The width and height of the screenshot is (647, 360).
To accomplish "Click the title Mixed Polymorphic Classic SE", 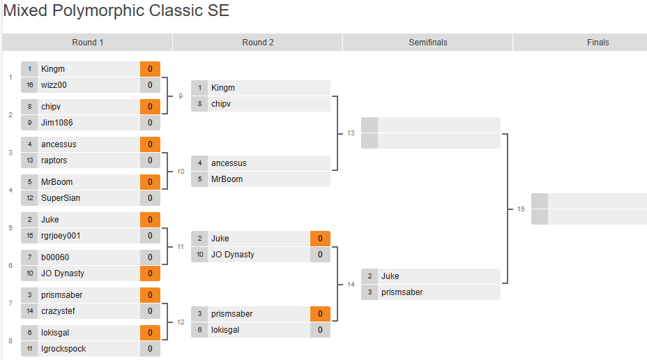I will coord(116,11).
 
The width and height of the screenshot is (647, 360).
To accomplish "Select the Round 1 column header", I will coord(88,43).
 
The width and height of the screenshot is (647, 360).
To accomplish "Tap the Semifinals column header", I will coord(428,43).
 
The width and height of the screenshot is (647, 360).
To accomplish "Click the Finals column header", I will coord(597,43).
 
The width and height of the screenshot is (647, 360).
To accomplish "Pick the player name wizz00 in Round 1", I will coord(54,85).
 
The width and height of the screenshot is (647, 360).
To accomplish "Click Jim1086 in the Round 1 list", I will coord(56,123).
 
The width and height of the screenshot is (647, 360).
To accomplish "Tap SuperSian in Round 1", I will coord(60,198).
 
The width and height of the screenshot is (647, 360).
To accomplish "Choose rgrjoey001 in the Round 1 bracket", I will coord(61,236).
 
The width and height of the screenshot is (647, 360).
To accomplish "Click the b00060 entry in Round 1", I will coord(55,257).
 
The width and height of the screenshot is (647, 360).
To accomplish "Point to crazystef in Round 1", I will coord(59,311).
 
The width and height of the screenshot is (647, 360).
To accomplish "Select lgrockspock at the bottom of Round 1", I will coord(63,349).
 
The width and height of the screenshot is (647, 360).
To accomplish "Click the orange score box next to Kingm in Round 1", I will coord(150,69).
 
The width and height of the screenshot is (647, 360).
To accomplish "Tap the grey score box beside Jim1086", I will coord(150,123).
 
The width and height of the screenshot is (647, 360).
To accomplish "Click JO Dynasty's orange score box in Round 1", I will coord(150,273).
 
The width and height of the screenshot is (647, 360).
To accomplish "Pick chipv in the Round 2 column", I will coord(221,104).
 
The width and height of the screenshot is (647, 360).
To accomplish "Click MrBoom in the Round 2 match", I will coord(227,179).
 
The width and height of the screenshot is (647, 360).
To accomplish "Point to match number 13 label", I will coord(351,133).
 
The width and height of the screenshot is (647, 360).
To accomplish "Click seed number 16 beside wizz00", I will coord(30,85).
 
